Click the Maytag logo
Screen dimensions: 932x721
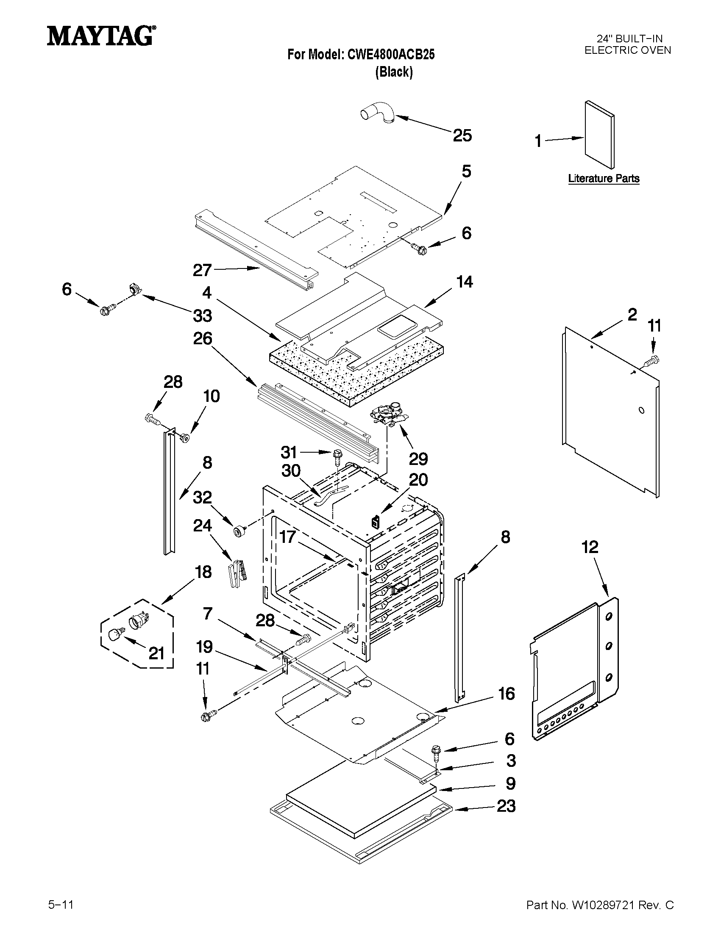[101, 36]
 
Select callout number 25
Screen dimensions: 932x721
[462, 136]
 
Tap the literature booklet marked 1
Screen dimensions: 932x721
[600, 135]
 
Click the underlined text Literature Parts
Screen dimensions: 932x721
[604, 178]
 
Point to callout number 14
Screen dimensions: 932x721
[464, 282]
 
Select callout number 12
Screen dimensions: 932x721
[590, 547]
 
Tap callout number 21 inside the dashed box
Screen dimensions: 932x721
[156, 653]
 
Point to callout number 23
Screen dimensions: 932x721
[506, 806]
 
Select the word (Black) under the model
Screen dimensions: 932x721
[394, 72]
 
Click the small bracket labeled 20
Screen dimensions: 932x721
[375, 522]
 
